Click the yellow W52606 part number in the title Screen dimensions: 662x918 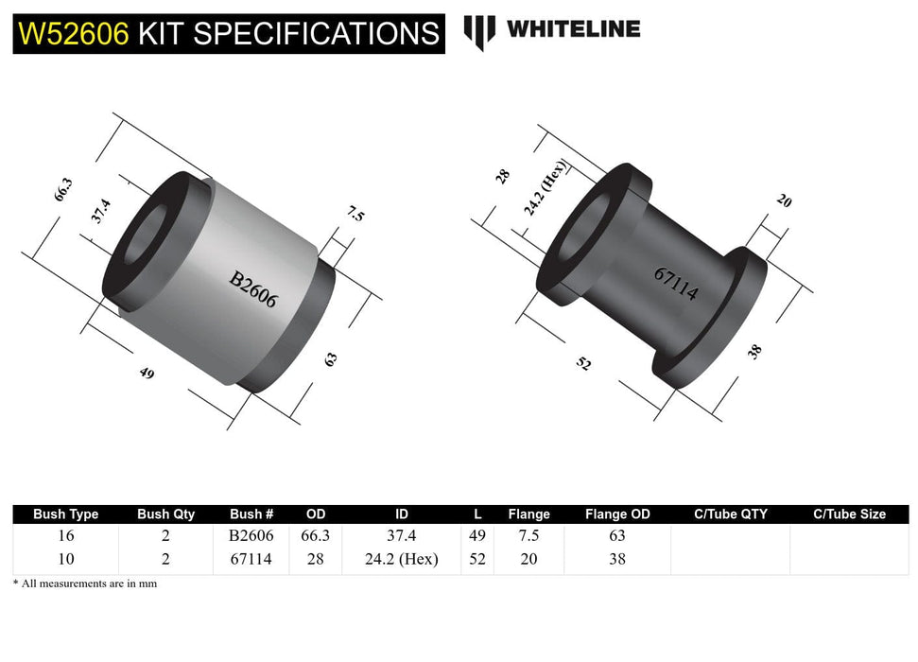pos(74,34)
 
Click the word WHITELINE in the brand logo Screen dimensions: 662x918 pos(573,29)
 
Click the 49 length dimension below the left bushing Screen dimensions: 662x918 pos(147,373)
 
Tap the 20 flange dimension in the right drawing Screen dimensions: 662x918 pos(784,200)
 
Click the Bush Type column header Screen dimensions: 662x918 pos(65,514)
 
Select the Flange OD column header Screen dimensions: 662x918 pos(617,514)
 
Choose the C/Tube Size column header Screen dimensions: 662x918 pos(849,514)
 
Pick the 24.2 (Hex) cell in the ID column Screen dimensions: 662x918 pos(401,559)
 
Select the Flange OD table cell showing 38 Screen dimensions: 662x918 pos(617,559)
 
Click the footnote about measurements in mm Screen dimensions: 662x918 pos(85,584)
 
